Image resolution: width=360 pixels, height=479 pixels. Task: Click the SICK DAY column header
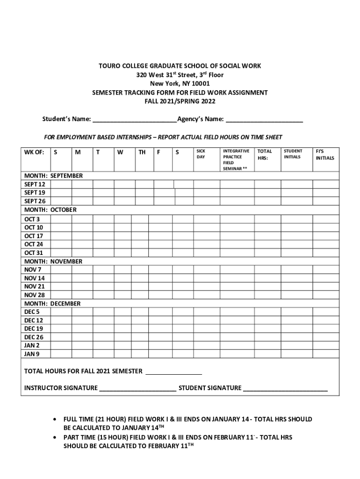pyautogui.click(x=201, y=154)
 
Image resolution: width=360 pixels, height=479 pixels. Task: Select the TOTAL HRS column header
pyautogui.click(x=265, y=155)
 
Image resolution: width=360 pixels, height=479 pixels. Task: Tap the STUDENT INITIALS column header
pyautogui.click(x=293, y=154)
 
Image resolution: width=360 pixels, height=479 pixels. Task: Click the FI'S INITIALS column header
pyautogui.click(x=324, y=155)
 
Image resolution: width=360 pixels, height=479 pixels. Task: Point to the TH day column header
pyautogui.click(x=142, y=152)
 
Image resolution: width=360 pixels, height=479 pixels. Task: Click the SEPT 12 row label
pyautogui.click(x=35, y=184)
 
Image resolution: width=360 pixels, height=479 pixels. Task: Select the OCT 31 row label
pyautogui.click(x=34, y=253)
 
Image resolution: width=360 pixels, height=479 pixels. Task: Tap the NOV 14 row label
pyautogui.click(x=35, y=278)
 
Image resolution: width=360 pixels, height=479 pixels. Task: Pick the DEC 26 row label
pyautogui.click(x=34, y=337)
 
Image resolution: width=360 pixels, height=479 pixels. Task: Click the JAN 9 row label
pyautogui.click(x=32, y=354)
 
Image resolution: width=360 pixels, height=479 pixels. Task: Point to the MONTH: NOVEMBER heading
pyautogui.click(x=53, y=261)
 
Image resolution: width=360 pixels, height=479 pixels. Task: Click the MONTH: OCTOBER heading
pyautogui.click(x=50, y=210)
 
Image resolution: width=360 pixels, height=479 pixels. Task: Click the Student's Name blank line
pyautogui.click(x=134, y=119)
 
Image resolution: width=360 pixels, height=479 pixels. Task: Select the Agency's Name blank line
pyautogui.click(x=264, y=119)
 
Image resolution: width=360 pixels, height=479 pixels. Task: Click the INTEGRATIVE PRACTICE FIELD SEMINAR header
pyautogui.click(x=236, y=160)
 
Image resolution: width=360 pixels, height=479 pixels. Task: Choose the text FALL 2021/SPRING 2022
pyautogui.click(x=180, y=101)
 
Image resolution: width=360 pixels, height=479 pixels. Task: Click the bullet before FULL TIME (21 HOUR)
pyautogui.click(x=56, y=420)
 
